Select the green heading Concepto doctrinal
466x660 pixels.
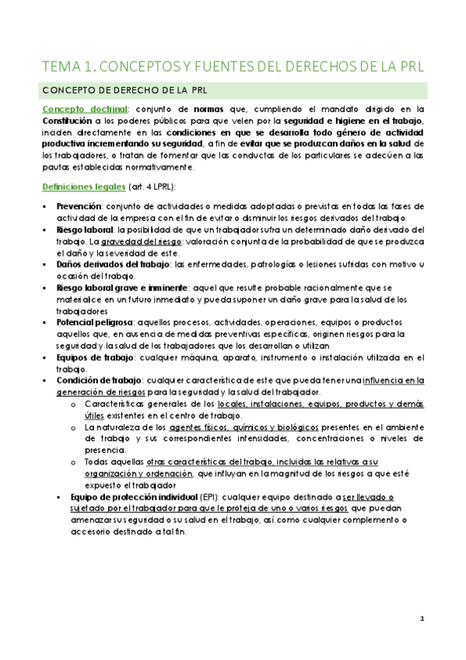(x=75, y=110)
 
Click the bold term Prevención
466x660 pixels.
(x=79, y=206)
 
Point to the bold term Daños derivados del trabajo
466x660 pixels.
(x=107, y=265)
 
